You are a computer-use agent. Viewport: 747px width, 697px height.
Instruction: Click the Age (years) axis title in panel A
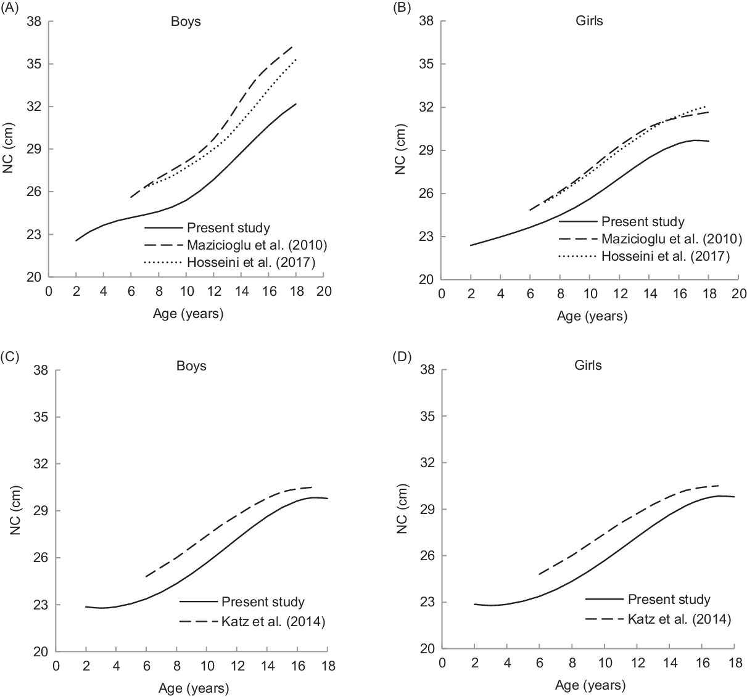coord(188,314)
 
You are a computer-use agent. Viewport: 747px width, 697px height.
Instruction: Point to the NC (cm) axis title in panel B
coord(400,150)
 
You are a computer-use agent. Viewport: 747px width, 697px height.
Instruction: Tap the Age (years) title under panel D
coord(590,685)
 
